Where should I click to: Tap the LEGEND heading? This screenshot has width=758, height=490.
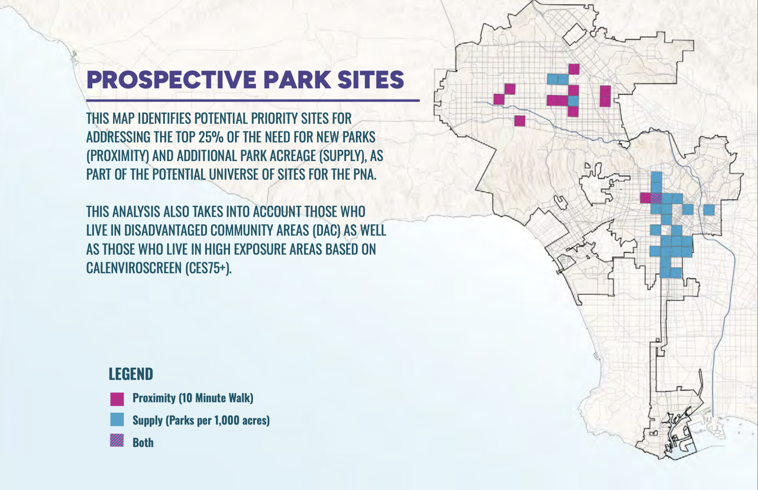click(x=131, y=374)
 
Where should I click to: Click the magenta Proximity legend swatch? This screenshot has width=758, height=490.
click(x=117, y=399)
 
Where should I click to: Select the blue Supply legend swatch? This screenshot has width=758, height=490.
click(x=117, y=420)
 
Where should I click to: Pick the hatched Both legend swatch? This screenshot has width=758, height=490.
click(x=117, y=441)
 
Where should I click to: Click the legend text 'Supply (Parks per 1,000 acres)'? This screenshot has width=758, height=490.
click(x=201, y=420)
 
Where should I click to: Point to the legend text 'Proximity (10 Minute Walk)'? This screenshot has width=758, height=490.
click(x=193, y=398)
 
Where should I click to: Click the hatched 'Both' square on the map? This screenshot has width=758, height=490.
click(x=656, y=198)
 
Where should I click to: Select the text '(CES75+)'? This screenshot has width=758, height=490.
click(x=208, y=268)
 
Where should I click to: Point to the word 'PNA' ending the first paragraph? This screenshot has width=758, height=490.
click(x=364, y=174)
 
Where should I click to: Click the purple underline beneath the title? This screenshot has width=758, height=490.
click(x=253, y=100)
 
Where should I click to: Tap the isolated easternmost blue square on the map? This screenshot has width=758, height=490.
click(x=709, y=210)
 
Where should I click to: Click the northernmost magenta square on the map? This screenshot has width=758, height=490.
click(x=574, y=69)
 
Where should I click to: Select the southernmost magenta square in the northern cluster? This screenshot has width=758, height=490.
click(x=519, y=121)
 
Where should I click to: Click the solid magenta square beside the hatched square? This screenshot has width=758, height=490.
click(x=645, y=198)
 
